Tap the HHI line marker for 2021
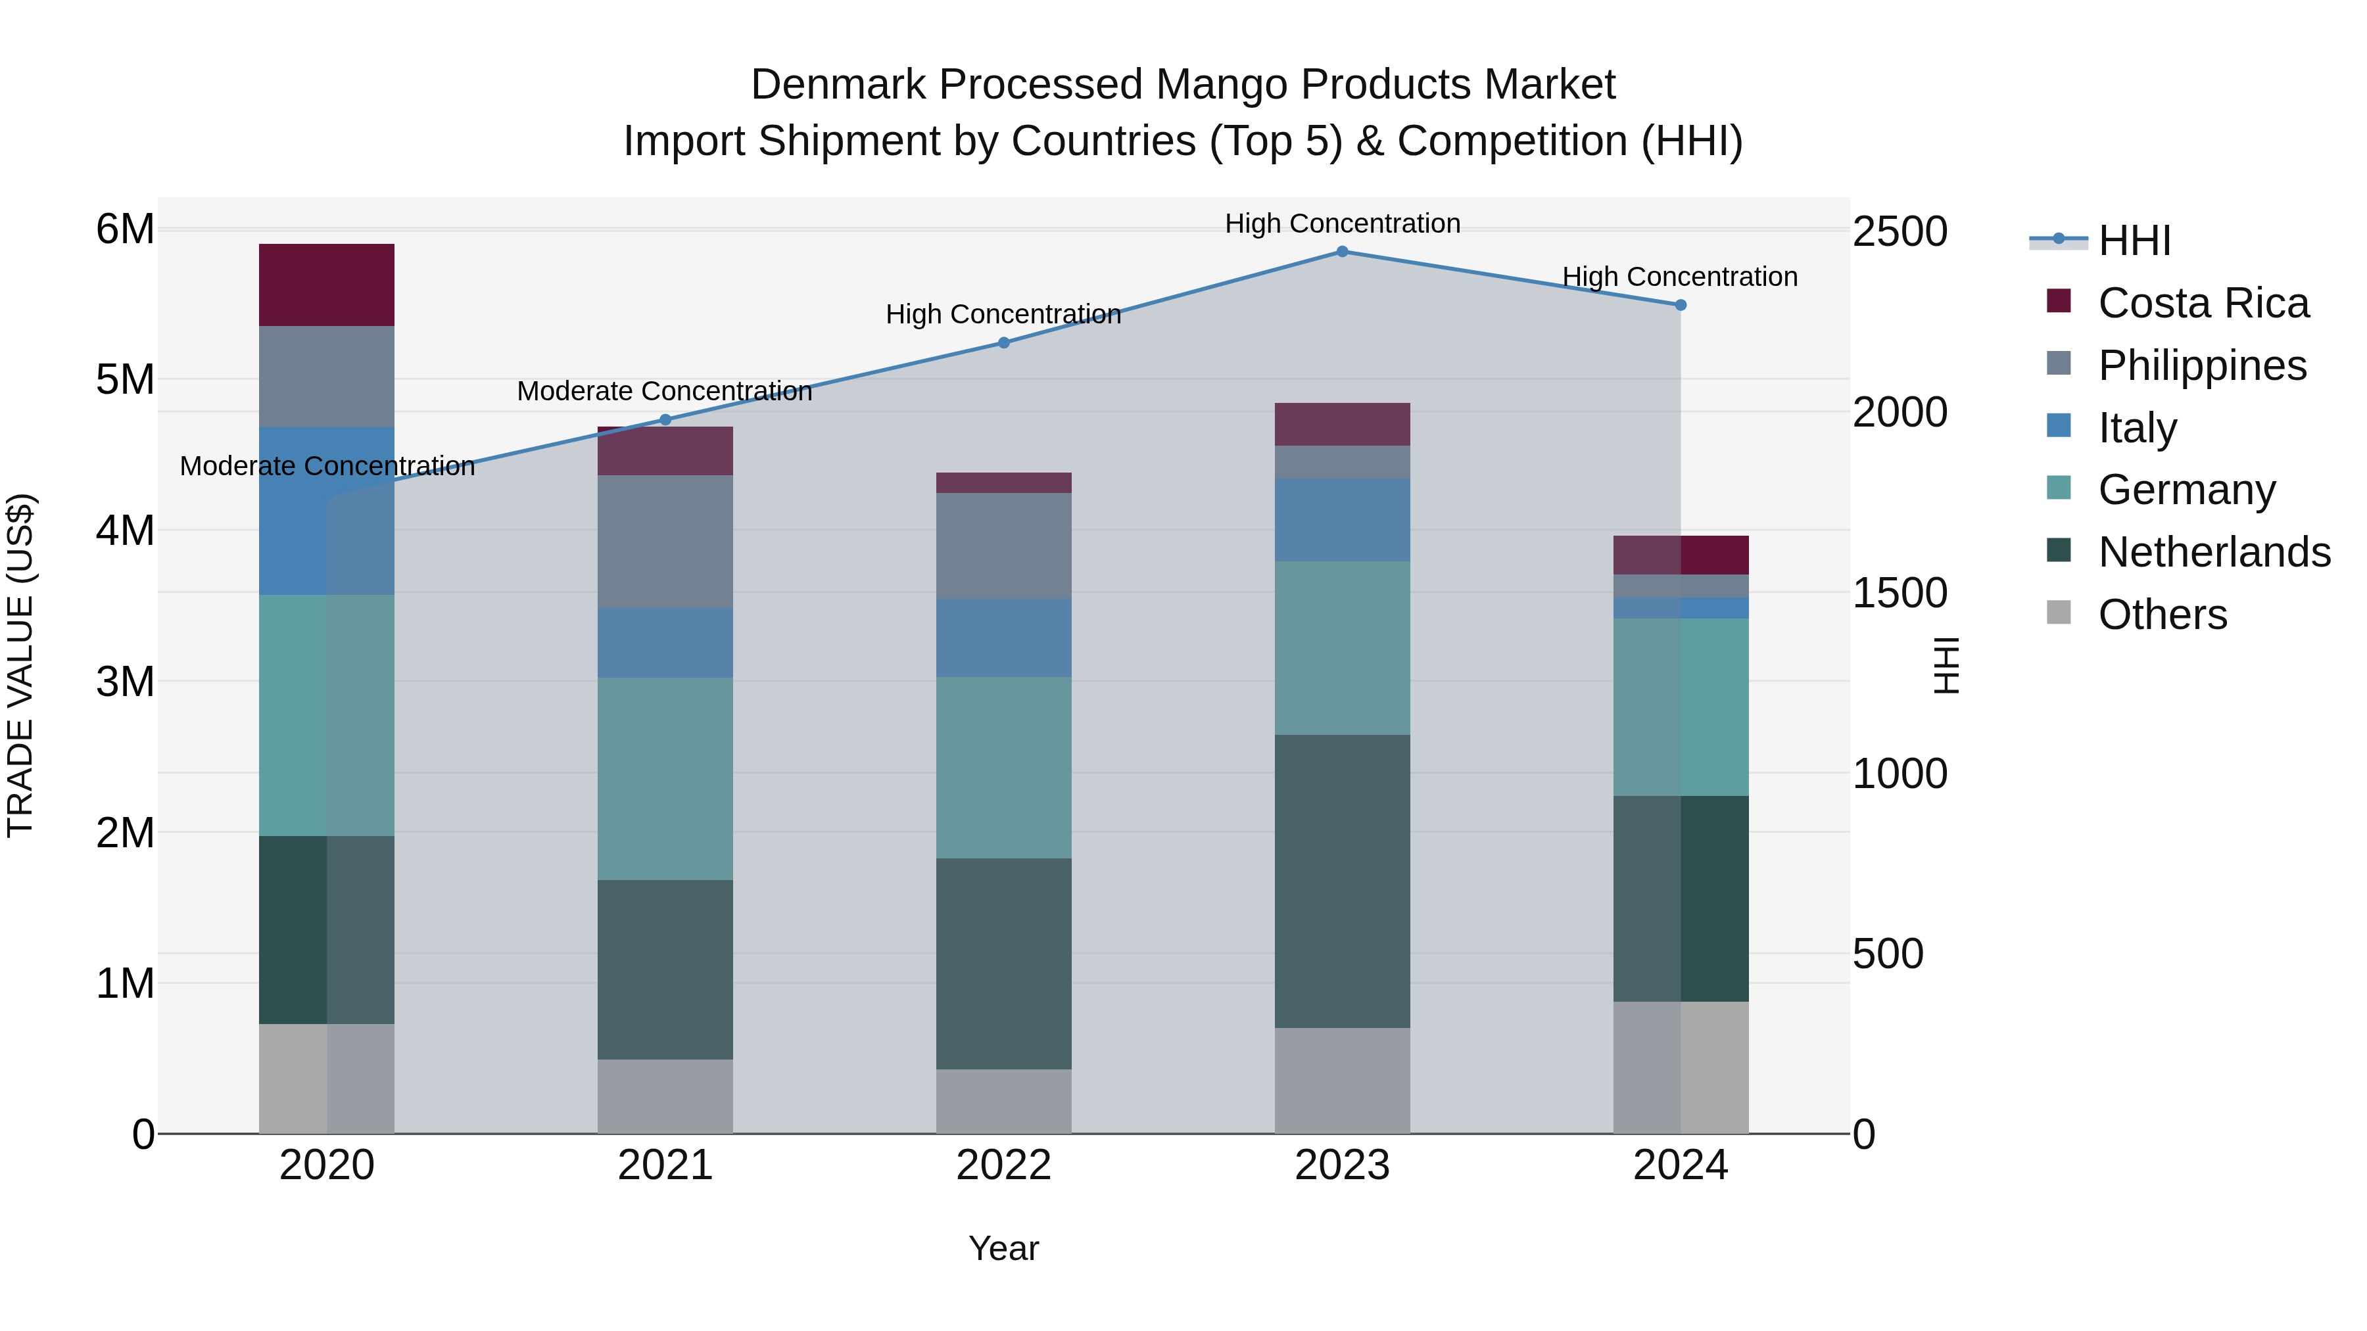(x=665, y=420)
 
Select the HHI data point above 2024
(x=1681, y=305)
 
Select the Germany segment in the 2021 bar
(x=665, y=778)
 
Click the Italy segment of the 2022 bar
(x=1003, y=638)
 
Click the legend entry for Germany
(x=2186, y=490)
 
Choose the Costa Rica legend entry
(x=2203, y=303)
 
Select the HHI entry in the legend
(x=2134, y=241)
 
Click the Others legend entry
(x=2162, y=615)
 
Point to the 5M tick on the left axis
(x=126, y=379)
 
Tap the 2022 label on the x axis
(x=1003, y=1165)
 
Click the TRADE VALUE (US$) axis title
(x=20, y=665)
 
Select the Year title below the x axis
(x=1003, y=1248)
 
